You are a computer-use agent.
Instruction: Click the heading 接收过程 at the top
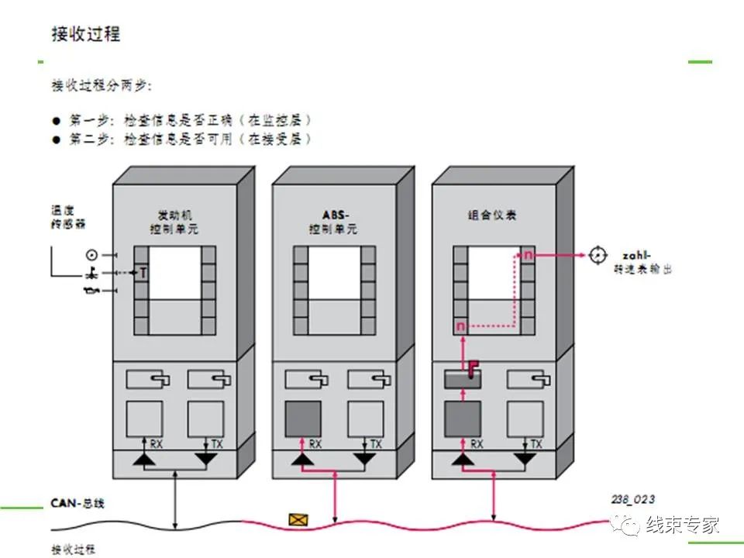pos(85,34)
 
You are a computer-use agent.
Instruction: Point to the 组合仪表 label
pos(492,215)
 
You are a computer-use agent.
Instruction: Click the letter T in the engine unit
pos(143,272)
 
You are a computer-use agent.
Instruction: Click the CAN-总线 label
pos(77,503)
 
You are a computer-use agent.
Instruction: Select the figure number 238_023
pos(632,501)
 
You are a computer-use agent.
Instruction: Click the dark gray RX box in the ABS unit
pos(304,418)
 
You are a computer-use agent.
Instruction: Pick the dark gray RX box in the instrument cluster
pos(463,418)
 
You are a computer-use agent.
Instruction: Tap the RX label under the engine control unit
pos(157,444)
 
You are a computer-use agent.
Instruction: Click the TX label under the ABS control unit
pos(376,444)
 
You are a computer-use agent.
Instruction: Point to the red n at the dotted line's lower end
pos(460,326)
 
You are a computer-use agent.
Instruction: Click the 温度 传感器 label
pos(67,216)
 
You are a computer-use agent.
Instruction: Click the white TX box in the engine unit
pos(205,418)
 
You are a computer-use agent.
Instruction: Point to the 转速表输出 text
pos(637,269)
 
